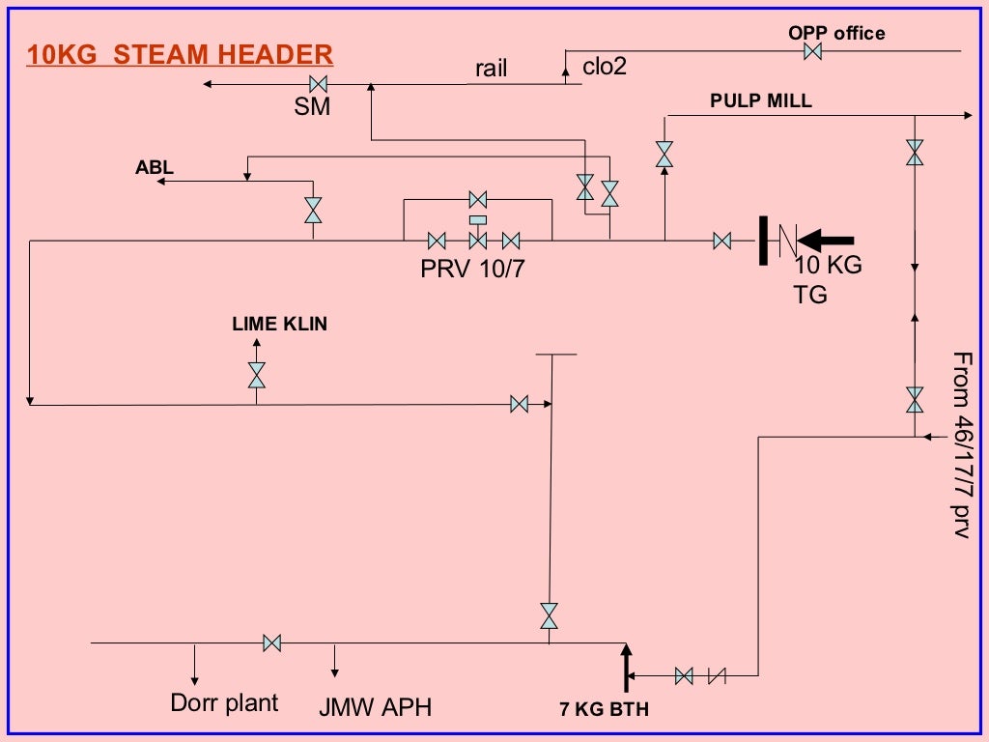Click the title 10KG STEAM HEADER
coord(180,53)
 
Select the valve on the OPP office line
coord(813,51)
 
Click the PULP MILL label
coord(761,100)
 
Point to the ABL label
coord(155,168)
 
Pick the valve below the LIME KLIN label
coord(257,375)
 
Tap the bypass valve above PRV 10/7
coord(476,200)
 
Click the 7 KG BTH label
coord(605,710)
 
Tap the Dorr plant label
coord(224,702)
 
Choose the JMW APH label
coord(376,708)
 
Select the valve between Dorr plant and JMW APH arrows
coord(272,642)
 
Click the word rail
coord(491,69)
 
